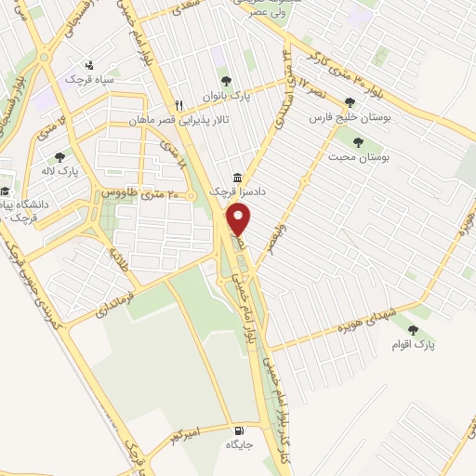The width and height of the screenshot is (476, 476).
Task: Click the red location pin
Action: click(239, 220)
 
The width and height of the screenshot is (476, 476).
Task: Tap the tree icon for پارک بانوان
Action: click(221, 78)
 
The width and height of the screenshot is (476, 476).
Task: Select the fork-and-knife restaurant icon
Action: click(179, 104)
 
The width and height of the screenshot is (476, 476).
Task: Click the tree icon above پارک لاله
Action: click(60, 157)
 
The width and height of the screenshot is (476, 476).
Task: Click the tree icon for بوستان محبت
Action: click(358, 141)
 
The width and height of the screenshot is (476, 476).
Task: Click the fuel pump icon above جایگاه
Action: click(242, 430)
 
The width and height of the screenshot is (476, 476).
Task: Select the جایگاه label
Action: click(239, 445)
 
